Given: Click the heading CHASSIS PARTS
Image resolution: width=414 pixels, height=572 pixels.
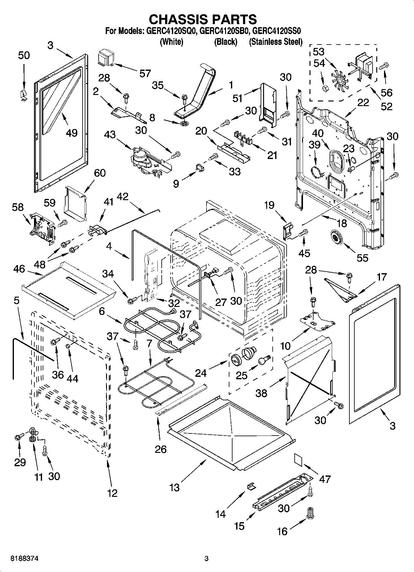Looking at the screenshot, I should (203, 19).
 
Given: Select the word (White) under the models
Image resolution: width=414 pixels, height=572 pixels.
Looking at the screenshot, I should (171, 42).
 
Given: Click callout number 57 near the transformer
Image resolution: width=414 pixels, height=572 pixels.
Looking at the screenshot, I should (145, 73).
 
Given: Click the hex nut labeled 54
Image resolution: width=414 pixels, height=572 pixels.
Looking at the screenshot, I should (325, 89).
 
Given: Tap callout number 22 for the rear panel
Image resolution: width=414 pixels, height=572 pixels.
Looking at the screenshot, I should (363, 103).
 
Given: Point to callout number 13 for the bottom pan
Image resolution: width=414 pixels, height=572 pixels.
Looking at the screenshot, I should (174, 487).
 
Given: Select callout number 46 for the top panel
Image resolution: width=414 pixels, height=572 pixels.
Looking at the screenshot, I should (19, 269).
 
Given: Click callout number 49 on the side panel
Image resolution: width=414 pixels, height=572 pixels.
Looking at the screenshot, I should (71, 133).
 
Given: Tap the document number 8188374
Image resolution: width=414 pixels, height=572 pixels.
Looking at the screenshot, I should (25, 559).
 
